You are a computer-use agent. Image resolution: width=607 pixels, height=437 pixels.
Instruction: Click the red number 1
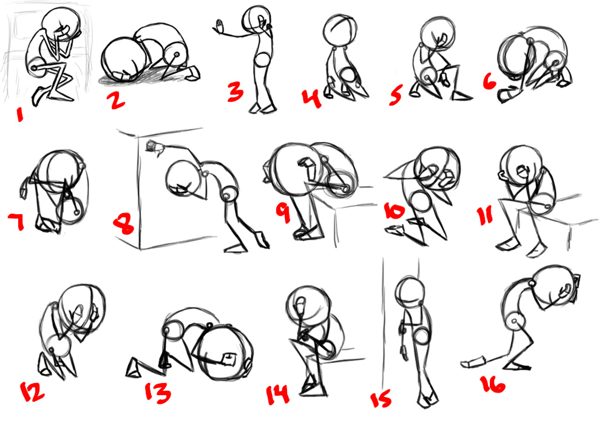pos(19,115)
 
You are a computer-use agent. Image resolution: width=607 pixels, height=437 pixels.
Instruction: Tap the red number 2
pos(117,100)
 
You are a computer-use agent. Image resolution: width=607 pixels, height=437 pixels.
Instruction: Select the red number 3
pos(235,92)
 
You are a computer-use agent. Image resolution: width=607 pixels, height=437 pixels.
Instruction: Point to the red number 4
pos(312,98)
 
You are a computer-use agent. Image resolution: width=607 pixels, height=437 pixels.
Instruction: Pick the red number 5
pos(395,95)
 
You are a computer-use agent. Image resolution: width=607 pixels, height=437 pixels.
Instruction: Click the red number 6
pos(489,81)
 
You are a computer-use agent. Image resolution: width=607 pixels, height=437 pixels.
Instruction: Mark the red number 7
pos(16,222)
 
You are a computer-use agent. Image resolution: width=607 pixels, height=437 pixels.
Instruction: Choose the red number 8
pos(124,225)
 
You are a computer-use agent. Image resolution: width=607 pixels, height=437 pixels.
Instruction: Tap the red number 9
pos(283,213)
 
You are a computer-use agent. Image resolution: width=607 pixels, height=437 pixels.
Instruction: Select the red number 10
pos(394,211)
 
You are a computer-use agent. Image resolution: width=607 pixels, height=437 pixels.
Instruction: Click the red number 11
pos(485,215)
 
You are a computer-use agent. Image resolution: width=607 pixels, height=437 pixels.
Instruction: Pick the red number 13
pos(158,392)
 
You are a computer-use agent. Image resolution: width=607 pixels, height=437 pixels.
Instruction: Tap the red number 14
pos(277,395)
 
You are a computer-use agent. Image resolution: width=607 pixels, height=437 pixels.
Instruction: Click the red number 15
pos(381,400)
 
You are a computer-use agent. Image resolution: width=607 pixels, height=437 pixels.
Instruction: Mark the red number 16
pos(493,384)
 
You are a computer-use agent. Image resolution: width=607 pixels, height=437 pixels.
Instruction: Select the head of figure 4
pos(341,30)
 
